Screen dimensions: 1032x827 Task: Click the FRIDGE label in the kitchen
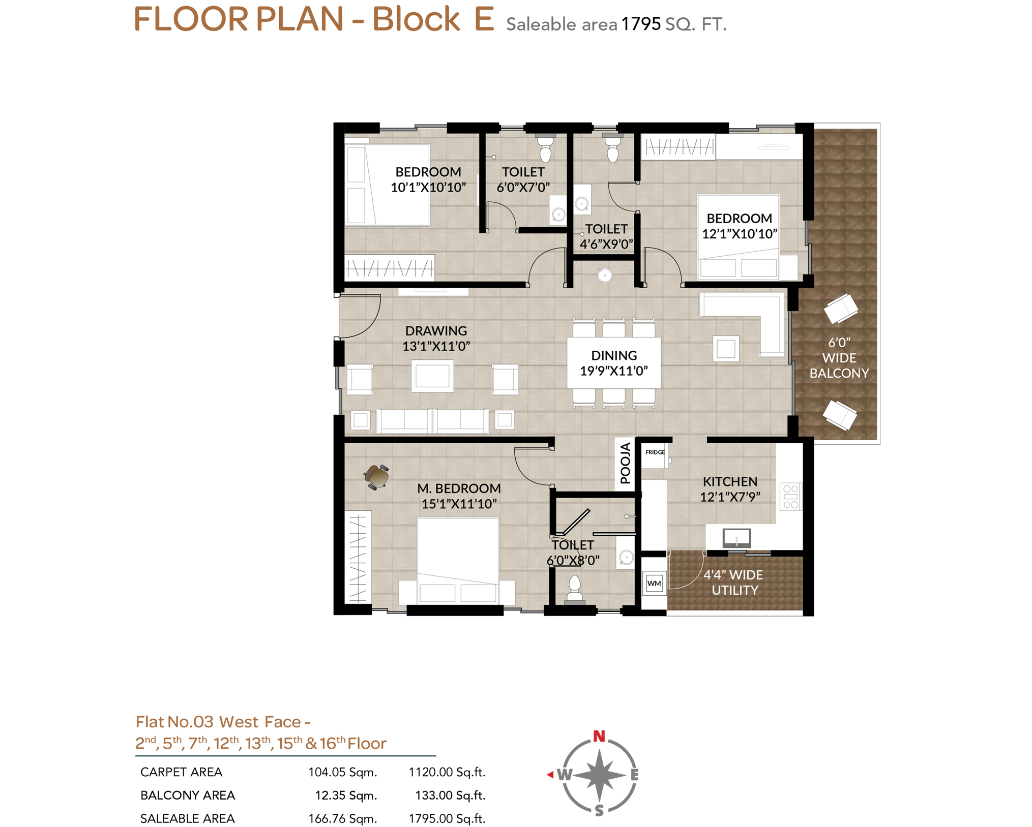[655, 452]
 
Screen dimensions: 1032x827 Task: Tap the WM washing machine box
[654, 583]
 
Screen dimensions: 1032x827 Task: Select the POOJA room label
[625, 463]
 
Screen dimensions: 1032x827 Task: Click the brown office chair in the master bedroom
[377, 477]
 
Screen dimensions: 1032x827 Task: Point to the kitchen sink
[736, 537]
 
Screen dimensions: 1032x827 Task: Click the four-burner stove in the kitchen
[790, 497]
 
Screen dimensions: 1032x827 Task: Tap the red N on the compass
[599, 736]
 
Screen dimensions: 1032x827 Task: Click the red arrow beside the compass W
[550, 774]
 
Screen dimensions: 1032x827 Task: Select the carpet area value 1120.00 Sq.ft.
[447, 772]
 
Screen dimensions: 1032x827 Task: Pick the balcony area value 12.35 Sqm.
[346, 795]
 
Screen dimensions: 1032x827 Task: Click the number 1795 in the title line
[641, 24]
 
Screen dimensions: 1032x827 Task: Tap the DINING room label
[614, 355]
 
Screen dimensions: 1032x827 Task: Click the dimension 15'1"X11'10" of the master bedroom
[459, 504]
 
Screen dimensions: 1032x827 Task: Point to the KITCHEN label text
[730, 481]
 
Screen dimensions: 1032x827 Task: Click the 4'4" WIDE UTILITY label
[734, 583]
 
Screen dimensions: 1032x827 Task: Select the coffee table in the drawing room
[432, 376]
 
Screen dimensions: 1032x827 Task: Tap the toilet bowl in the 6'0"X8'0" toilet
[574, 588]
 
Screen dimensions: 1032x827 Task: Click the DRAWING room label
[436, 330]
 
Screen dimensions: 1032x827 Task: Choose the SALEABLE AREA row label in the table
[188, 818]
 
